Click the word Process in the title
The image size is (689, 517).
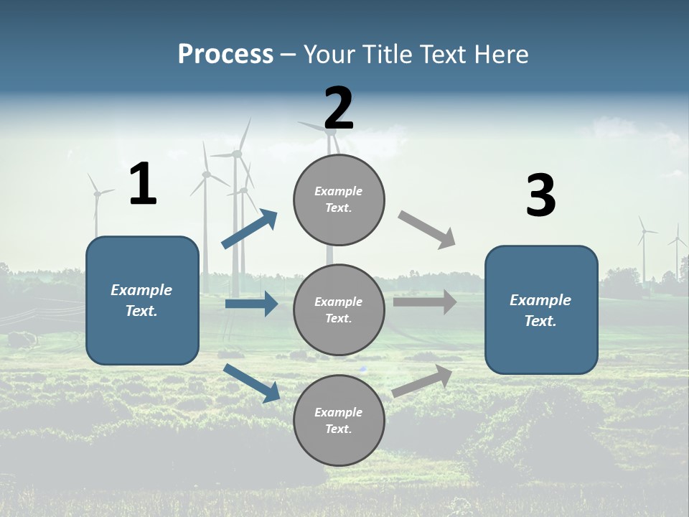(225, 55)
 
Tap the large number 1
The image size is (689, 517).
(143, 185)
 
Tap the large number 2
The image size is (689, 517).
(339, 108)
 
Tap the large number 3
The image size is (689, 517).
(540, 196)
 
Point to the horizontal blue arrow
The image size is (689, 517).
(251, 304)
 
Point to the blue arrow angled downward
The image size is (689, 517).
(252, 383)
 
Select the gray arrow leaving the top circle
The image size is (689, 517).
(427, 230)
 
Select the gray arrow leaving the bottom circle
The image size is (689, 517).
(423, 381)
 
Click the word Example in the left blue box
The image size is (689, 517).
(141, 290)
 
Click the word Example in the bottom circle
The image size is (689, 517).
(339, 412)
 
